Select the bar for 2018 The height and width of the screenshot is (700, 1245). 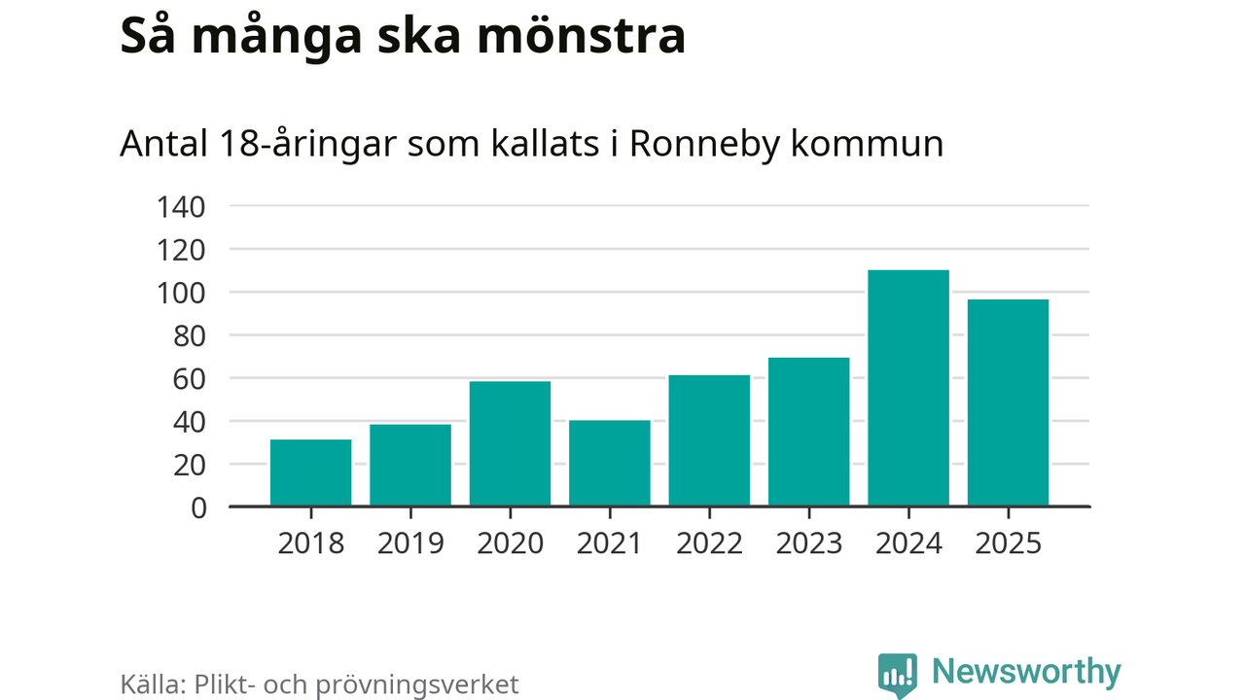click(x=310, y=472)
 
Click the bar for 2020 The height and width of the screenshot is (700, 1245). click(x=510, y=443)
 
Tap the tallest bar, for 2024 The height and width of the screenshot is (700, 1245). click(x=908, y=388)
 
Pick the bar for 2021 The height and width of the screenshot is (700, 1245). click(x=610, y=463)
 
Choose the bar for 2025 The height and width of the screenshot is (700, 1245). click(x=1008, y=402)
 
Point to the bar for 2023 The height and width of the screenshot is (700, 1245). click(x=808, y=432)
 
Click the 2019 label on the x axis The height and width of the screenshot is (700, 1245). click(x=410, y=542)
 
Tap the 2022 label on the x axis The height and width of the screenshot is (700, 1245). click(x=709, y=542)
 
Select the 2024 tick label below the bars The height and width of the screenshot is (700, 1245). click(x=908, y=542)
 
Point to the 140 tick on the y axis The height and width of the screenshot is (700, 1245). click(x=181, y=207)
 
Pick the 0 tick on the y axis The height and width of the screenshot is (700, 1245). click(x=197, y=507)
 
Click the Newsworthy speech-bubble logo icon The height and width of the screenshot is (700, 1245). click(x=897, y=674)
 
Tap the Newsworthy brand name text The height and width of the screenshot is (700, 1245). click(x=1026, y=672)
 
